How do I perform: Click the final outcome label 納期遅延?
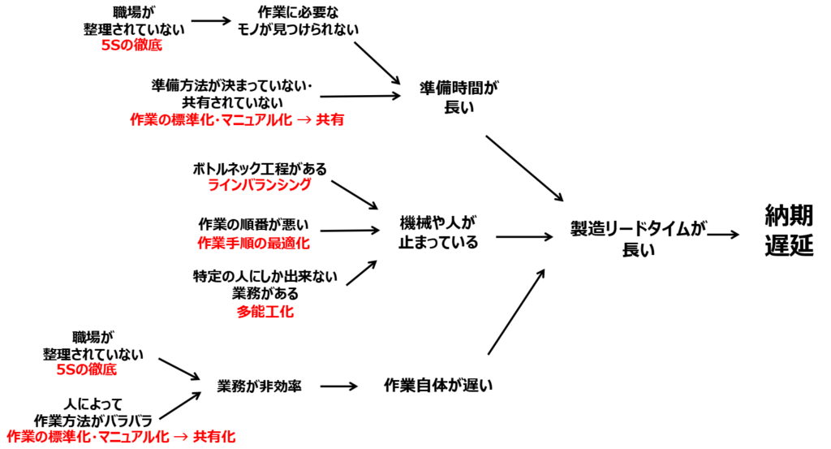coord(788,231)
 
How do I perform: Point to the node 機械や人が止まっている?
coord(438,231)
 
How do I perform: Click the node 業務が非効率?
coord(260,386)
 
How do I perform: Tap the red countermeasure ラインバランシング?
coord(260,185)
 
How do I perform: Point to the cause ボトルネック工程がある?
coord(260,169)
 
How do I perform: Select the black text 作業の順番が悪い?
coord(253,224)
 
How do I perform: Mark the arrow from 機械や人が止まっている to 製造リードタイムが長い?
coord(523,237)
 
